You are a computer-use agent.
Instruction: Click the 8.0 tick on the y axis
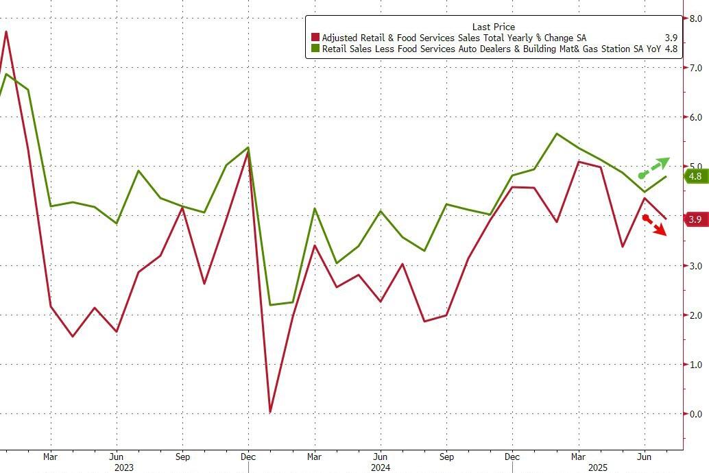point(695,19)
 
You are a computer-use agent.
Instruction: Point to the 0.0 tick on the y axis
point(695,414)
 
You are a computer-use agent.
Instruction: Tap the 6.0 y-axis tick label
point(695,117)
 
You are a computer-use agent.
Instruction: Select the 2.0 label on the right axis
point(695,315)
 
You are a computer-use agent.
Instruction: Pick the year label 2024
point(381,467)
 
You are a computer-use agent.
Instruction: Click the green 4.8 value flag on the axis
point(695,176)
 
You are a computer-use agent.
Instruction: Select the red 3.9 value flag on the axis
point(695,219)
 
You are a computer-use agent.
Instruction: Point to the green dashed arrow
point(654,168)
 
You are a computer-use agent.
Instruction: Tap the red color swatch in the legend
point(315,38)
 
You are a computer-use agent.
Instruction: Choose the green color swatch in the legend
point(315,49)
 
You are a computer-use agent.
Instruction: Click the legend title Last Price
point(493,27)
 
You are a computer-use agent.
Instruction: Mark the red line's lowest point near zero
point(270,411)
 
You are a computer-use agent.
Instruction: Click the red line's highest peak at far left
point(6,32)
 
